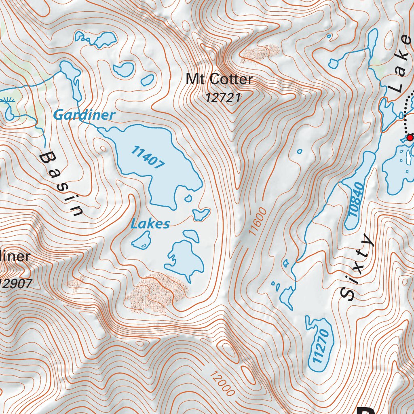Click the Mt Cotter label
pos(219,79)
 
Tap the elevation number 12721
pos(223,98)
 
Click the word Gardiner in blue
pos(84,115)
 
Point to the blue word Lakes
pos(150,224)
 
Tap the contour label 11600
pos(258,222)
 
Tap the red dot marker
pos(410,138)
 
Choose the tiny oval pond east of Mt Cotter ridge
pos(299,152)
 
